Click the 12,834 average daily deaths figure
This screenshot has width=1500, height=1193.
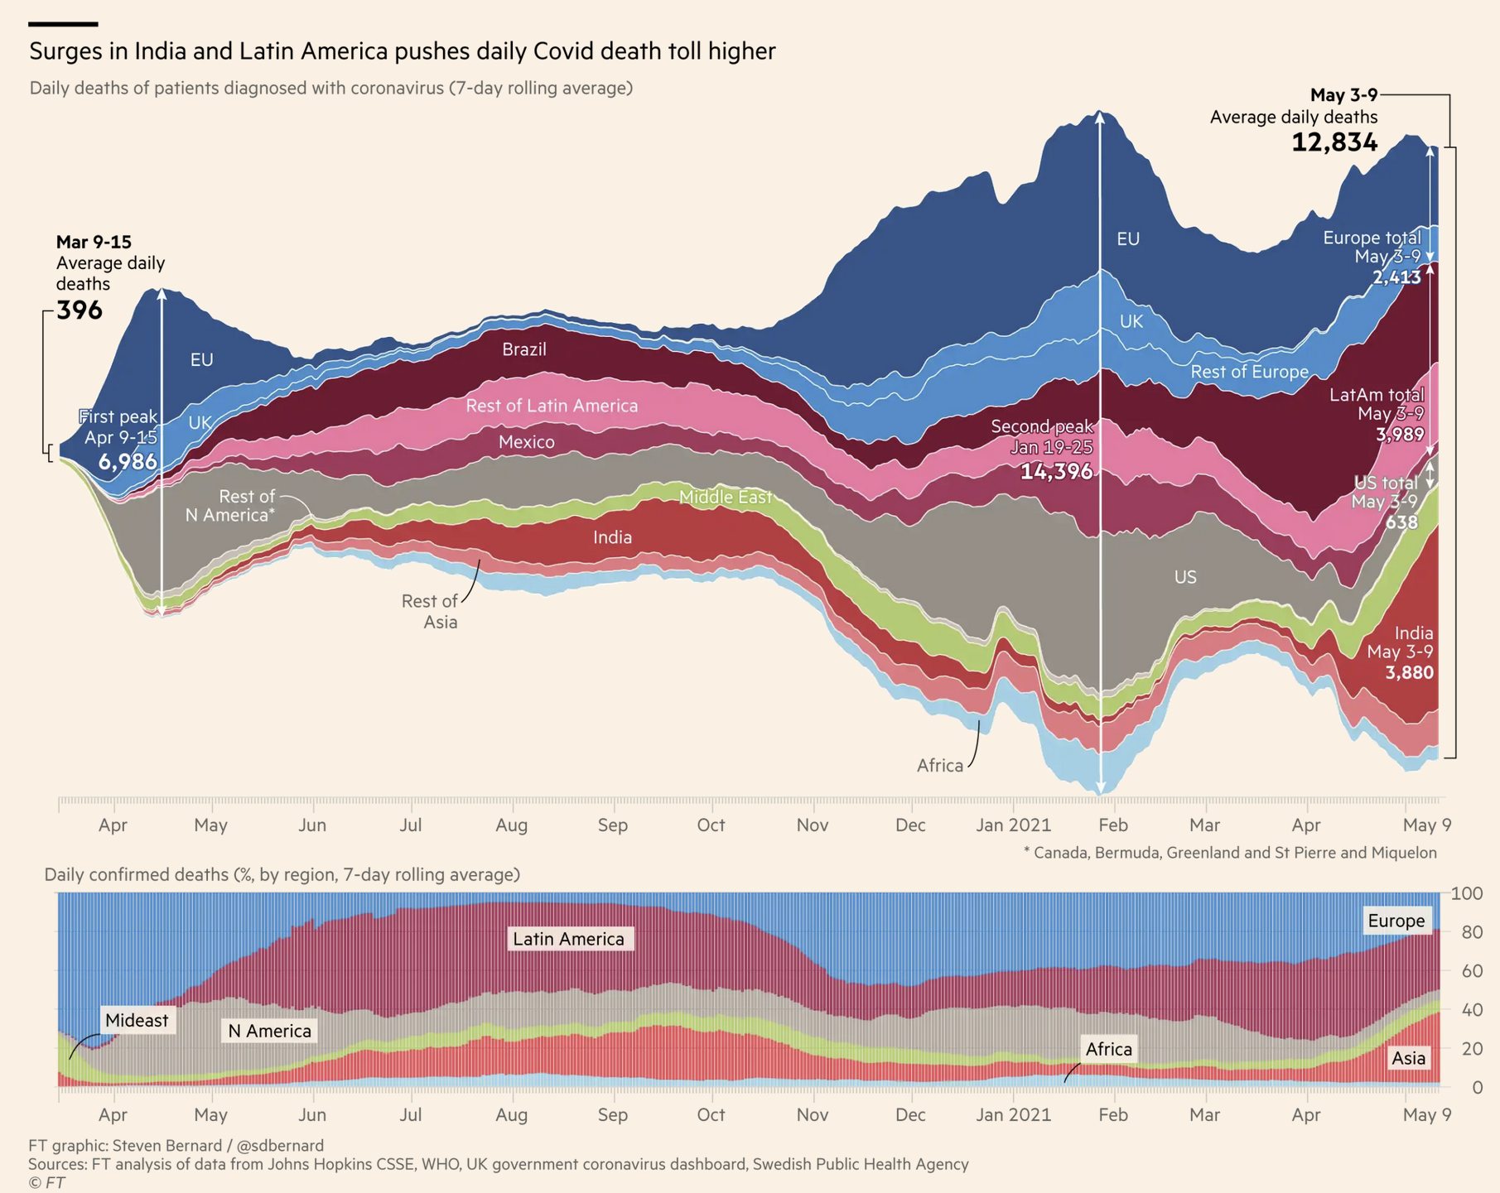click(x=1334, y=142)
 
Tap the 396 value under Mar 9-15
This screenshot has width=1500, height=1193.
click(x=80, y=310)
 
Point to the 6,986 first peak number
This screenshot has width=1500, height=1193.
click(x=128, y=461)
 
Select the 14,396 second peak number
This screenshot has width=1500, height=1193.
click(x=1056, y=471)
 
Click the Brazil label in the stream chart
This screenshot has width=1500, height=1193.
click(x=524, y=349)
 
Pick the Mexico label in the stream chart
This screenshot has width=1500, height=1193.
click(x=527, y=442)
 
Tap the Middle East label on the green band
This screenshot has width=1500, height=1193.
click(x=726, y=497)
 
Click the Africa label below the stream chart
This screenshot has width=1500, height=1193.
click(x=940, y=766)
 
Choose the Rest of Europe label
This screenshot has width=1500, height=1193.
click(x=1249, y=372)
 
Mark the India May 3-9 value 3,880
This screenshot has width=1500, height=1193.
click(x=1409, y=672)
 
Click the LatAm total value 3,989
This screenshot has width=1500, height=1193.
click(x=1400, y=435)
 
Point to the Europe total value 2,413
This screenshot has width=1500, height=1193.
click(x=1396, y=277)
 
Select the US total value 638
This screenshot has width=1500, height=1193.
click(x=1401, y=522)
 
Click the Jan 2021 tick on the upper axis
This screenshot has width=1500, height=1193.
click(x=1013, y=825)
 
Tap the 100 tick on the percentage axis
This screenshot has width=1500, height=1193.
click(x=1467, y=894)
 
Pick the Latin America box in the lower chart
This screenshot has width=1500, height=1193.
click(x=569, y=939)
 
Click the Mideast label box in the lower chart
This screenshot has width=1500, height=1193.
click(x=137, y=1021)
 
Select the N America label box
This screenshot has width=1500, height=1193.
click(x=270, y=1031)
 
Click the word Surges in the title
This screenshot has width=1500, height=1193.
click(x=67, y=51)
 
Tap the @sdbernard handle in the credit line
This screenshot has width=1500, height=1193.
click(x=280, y=1146)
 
